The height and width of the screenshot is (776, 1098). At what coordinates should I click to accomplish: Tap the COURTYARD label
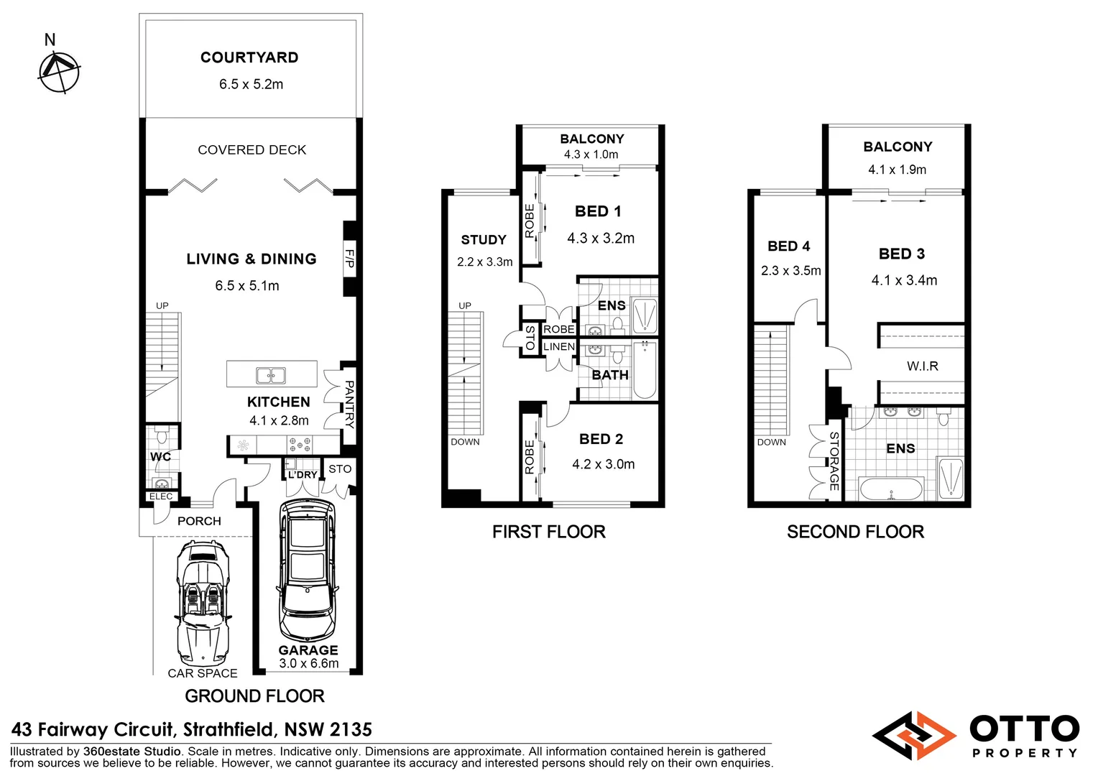tap(249, 57)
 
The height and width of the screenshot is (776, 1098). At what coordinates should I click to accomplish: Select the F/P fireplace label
tap(349, 259)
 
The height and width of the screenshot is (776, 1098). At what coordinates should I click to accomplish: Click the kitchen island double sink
tap(271, 375)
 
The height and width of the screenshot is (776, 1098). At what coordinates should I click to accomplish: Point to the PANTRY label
tap(349, 404)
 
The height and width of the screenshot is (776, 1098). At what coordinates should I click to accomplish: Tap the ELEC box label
tap(161, 496)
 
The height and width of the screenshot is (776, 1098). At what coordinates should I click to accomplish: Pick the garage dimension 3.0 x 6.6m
tap(308, 663)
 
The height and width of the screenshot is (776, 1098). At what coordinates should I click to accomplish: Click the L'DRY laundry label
tap(303, 475)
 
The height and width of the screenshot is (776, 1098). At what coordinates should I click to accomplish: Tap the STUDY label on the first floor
tap(484, 240)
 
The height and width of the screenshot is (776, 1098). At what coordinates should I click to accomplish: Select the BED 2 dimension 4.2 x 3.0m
tap(603, 464)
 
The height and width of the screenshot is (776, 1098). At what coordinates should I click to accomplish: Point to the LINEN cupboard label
tap(559, 346)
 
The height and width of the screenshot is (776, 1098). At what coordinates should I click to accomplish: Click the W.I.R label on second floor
tap(922, 366)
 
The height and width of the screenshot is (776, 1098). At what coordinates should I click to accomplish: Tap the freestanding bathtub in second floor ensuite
tap(891, 489)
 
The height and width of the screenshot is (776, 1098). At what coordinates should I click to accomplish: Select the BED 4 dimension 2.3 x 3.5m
tap(790, 271)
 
